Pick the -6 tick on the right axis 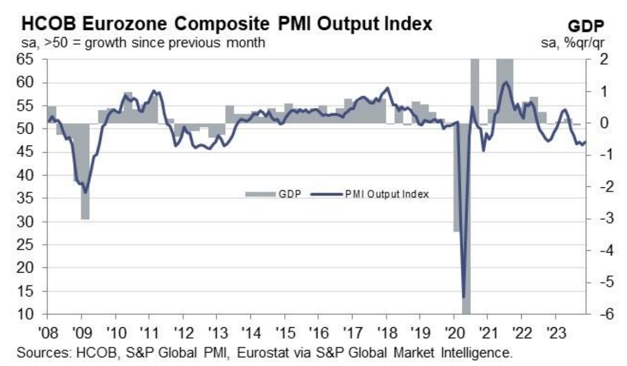[x=599, y=314]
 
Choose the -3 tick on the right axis [x=599, y=219]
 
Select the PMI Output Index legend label [x=387, y=194]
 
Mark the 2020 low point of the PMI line [x=463, y=297]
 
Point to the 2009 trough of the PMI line [x=85, y=193]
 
